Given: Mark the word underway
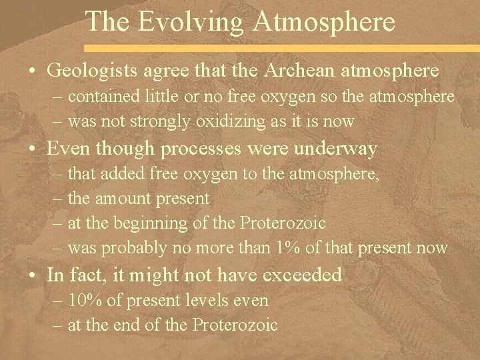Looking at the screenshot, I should pos(339,149).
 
